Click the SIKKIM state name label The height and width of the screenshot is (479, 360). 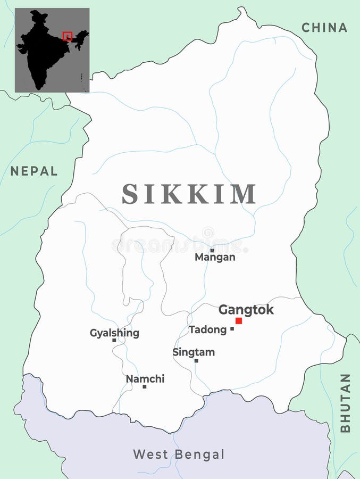pyautogui.click(x=189, y=194)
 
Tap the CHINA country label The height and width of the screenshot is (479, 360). pyautogui.click(x=324, y=28)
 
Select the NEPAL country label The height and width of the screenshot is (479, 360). pyautogui.click(x=34, y=171)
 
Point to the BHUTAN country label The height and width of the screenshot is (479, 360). pyautogui.click(x=345, y=403)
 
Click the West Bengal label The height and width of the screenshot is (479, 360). pyautogui.click(x=179, y=455)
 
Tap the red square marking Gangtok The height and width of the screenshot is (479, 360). pyautogui.click(x=239, y=320)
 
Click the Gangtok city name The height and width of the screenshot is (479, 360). pyautogui.click(x=246, y=310)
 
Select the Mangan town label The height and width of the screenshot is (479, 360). pyautogui.click(x=215, y=258)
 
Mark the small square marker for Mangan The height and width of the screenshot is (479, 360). pyautogui.click(x=212, y=250)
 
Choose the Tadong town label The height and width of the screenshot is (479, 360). pyautogui.click(x=207, y=330)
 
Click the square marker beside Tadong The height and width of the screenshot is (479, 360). pyautogui.click(x=232, y=329)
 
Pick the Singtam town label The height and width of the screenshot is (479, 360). pyautogui.click(x=194, y=352)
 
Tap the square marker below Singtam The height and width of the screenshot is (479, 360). pyautogui.click(x=196, y=360)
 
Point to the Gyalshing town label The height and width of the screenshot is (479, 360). pyautogui.click(x=114, y=333)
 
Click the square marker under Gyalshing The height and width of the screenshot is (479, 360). pyautogui.click(x=114, y=340)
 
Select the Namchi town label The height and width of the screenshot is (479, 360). pyautogui.click(x=145, y=379)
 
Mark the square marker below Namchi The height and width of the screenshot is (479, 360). pyautogui.click(x=144, y=386)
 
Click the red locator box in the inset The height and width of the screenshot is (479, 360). pyautogui.click(x=67, y=36)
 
